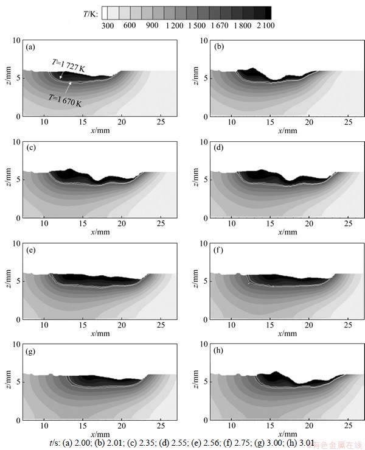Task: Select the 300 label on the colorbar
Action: [x=108, y=25]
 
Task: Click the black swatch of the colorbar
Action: [x=263, y=12]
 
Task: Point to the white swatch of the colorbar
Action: [x=105, y=12]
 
